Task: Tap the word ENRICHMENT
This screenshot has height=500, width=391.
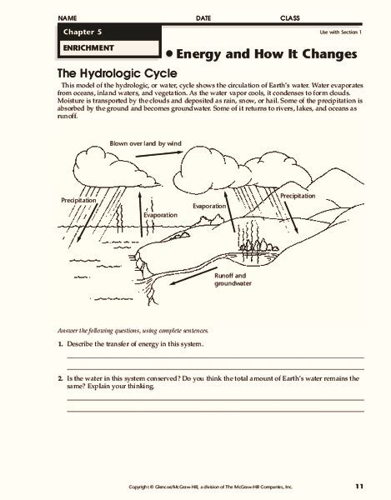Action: [x=88, y=48]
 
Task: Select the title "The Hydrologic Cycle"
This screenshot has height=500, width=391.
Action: [x=117, y=73]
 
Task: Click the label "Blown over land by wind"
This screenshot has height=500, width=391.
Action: [x=145, y=143]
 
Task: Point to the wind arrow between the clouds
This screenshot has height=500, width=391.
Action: [x=159, y=154]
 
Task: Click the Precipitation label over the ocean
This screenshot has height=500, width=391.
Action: [x=78, y=200]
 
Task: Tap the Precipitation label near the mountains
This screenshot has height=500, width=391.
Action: [x=298, y=196]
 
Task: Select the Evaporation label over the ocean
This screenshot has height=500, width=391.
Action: [x=160, y=215]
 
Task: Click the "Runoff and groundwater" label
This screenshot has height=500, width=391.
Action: [x=233, y=280]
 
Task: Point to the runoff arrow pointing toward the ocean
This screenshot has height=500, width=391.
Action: [x=193, y=276]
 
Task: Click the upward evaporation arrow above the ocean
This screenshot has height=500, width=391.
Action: [x=140, y=214]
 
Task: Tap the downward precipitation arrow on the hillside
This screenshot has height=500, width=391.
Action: [x=291, y=217]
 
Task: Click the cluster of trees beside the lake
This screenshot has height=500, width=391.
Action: [x=258, y=246]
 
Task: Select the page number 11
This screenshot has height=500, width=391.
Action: [x=359, y=487]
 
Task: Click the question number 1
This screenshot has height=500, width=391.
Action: [x=60, y=344]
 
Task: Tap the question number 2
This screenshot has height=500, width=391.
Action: [x=60, y=379]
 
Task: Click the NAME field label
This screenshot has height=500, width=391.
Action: [x=68, y=18]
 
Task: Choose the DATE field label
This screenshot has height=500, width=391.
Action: [x=203, y=18]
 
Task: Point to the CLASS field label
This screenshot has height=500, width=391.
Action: [x=290, y=18]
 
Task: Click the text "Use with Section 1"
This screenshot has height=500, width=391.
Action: [x=341, y=32]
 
